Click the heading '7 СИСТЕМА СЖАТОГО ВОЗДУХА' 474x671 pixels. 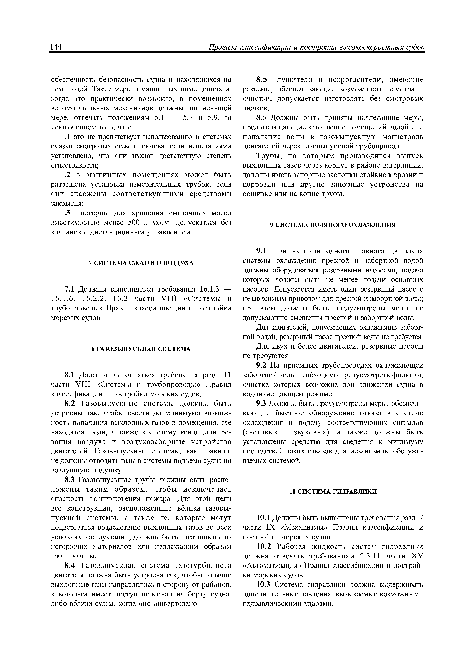click(141, 263)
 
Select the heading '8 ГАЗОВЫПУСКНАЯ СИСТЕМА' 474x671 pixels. click(141, 349)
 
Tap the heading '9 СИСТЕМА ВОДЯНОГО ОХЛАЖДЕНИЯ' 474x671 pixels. click(333, 225)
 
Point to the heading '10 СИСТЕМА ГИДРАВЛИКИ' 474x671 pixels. click(333, 492)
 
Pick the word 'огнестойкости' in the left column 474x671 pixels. click(75, 165)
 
